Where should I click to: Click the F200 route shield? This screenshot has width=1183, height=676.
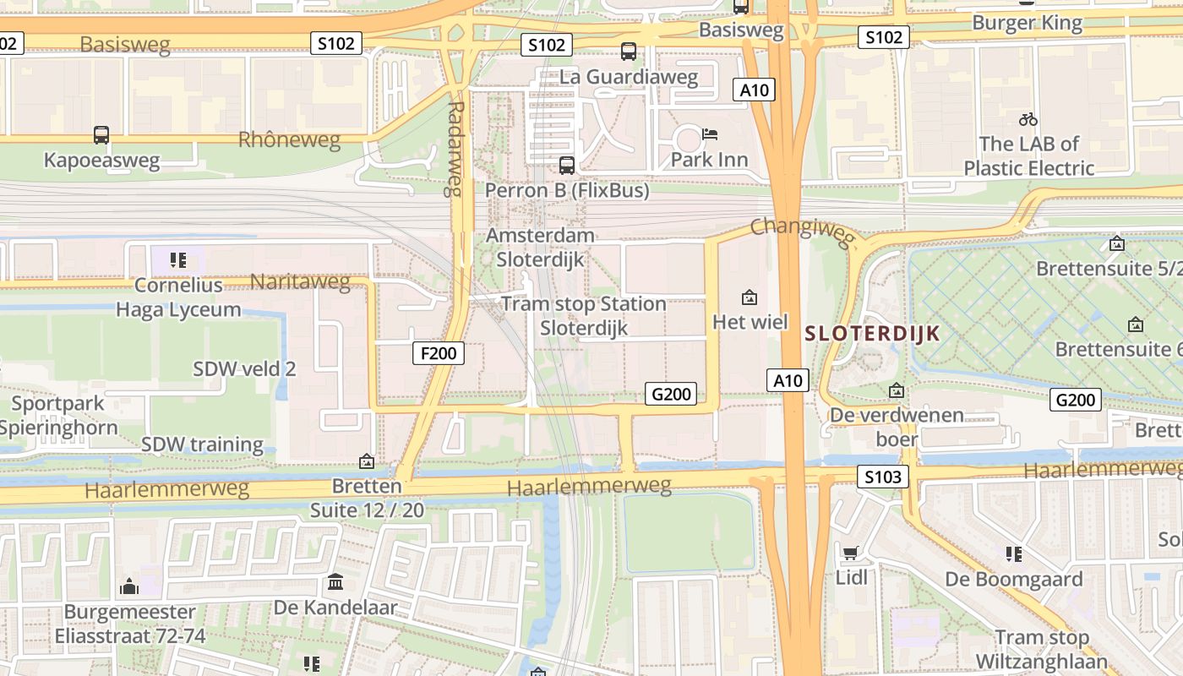tap(439, 353)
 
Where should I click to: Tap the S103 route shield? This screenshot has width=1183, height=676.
tap(884, 477)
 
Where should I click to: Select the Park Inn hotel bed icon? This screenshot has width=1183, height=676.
tap(710, 134)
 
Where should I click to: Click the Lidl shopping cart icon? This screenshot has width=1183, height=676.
tap(851, 553)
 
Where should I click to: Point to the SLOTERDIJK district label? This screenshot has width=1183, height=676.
tap(872, 333)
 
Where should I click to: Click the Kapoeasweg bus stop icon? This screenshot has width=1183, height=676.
tap(101, 134)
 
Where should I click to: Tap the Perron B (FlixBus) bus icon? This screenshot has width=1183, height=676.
tap(567, 165)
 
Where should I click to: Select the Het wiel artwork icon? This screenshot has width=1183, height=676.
tap(749, 297)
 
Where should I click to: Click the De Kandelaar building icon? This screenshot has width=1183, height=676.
tap(335, 582)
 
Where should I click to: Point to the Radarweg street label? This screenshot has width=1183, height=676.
tap(457, 149)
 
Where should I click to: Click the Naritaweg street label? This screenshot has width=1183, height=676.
tap(300, 281)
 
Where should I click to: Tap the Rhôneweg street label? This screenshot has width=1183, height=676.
tap(289, 139)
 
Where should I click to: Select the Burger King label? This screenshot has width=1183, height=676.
tap(1027, 23)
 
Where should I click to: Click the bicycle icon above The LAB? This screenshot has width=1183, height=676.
tap(1028, 119)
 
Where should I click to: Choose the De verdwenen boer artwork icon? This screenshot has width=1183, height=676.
tap(897, 390)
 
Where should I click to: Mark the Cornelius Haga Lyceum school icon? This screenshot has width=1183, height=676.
tap(177, 259)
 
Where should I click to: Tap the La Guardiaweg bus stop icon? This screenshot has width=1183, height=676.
tap(629, 52)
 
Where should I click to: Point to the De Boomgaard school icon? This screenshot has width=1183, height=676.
tap(1014, 554)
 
